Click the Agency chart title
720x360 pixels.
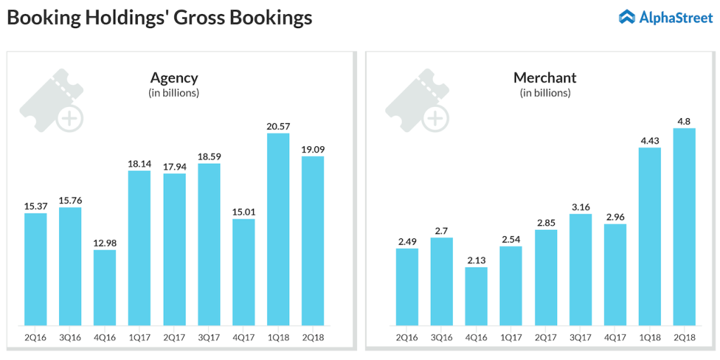[174, 77]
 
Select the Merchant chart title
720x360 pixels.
[545, 77]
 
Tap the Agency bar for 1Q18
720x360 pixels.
[278, 229]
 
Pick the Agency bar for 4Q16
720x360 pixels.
[105, 288]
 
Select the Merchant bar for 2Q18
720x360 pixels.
[684, 226]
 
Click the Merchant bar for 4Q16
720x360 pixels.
[476, 296]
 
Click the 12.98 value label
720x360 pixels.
[105, 242]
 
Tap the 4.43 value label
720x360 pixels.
[650, 139]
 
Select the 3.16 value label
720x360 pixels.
[580, 206]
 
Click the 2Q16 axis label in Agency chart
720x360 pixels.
[36, 337]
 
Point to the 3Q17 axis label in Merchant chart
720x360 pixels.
[580, 337]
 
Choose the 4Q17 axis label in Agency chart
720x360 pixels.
[243, 337]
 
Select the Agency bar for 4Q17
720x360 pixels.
[243, 272]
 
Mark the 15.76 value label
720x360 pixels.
[70, 200]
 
